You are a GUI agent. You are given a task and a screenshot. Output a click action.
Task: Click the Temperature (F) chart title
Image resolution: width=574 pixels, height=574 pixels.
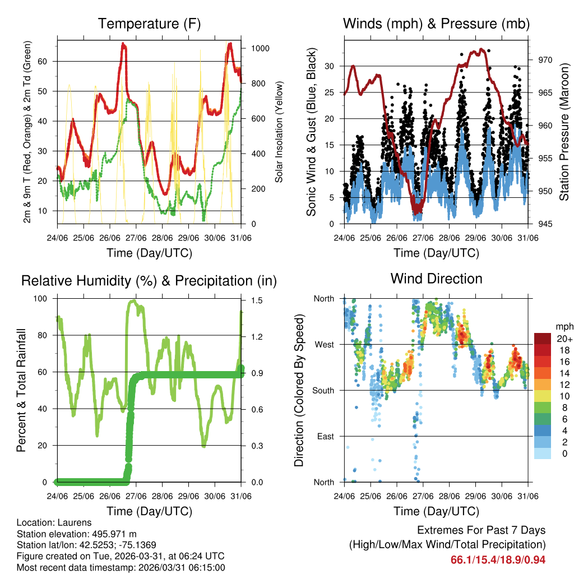tap(149, 24)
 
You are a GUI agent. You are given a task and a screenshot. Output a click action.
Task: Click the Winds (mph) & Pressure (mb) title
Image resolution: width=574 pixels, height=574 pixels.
tap(436, 24)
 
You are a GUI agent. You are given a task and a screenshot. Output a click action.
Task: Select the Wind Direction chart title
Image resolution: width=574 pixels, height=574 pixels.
tap(436, 278)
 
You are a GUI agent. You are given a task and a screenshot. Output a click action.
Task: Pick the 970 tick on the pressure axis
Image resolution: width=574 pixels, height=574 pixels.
tap(545, 59)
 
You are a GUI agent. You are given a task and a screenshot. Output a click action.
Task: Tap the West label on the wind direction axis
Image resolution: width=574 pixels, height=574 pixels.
tap(324, 344)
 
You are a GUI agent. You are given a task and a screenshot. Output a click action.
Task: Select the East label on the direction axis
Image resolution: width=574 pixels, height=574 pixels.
tap(325, 436)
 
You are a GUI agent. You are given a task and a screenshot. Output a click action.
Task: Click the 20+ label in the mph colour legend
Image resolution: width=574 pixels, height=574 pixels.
tap(563, 338)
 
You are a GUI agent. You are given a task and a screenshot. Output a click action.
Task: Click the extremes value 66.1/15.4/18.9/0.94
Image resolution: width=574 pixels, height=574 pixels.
tap(498, 559)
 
